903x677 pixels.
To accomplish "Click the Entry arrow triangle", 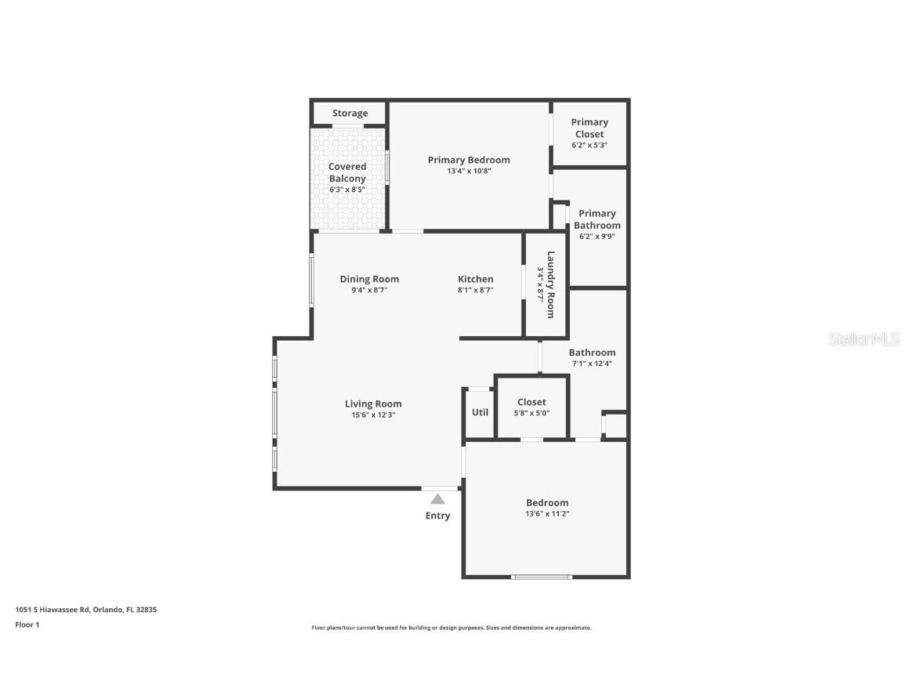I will click(x=437, y=499).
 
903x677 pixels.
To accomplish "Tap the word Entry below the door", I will click(x=437, y=516).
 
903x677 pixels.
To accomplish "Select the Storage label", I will click(x=350, y=114).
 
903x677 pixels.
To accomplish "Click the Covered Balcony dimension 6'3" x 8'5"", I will click(x=347, y=190).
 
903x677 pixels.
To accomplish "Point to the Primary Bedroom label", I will click(x=469, y=160).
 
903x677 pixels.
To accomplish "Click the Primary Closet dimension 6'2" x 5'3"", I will click(x=589, y=145).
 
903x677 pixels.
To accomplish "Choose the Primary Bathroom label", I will click(x=597, y=219).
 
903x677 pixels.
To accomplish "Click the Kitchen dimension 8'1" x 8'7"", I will click(x=476, y=290).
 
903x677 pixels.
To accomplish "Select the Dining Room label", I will click(x=369, y=279).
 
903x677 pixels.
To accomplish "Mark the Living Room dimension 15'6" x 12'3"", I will click(x=373, y=415).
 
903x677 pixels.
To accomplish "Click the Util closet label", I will click(x=480, y=412).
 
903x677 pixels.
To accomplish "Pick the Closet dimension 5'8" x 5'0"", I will click(x=531, y=413).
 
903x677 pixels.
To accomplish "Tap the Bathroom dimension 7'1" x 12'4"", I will click(x=592, y=364).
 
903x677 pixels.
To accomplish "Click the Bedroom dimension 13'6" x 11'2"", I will click(x=547, y=514).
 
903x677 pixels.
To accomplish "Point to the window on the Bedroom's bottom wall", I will click(x=542, y=577).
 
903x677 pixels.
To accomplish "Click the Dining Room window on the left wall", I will click(x=311, y=281).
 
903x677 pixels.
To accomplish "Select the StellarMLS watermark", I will click(x=865, y=339).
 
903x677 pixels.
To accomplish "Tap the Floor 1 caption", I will click(x=27, y=625).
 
